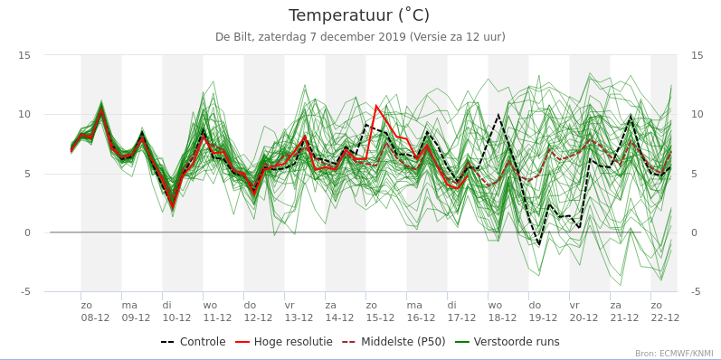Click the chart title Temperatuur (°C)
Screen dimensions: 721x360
[359, 15]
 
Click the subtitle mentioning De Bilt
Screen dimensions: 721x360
[360, 37]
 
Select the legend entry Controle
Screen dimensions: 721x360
[193, 342]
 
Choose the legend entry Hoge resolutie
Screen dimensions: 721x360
[284, 342]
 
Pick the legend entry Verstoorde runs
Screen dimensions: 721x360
[508, 342]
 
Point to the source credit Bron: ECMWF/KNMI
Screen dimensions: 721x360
[678, 354]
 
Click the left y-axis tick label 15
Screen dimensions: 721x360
[24, 56]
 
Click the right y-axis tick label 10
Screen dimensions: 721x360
[697, 115]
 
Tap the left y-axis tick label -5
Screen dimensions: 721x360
[25, 292]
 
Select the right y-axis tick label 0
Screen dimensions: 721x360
[695, 233]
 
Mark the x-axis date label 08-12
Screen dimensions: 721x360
[95, 318]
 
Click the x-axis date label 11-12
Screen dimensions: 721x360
[217, 318]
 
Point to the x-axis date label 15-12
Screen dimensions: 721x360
[380, 318]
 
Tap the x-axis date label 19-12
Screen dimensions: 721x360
[543, 318]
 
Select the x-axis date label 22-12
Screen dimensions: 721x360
[665, 318]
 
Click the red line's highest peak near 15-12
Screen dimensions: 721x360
[376, 106]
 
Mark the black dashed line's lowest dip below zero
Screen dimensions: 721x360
[538, 244]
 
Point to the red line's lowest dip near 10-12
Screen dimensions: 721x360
[173, 207]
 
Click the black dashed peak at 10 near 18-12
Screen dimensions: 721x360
[498, 115]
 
